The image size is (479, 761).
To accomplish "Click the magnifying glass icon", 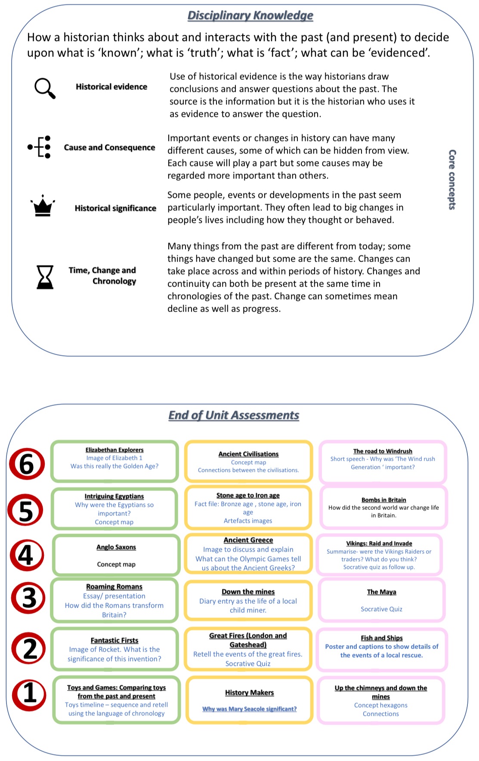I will click(45, 88).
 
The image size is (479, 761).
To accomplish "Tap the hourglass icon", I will click(45, 277).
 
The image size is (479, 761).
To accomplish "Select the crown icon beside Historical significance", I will click(43, 206).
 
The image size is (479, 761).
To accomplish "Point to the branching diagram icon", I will click(40, 147).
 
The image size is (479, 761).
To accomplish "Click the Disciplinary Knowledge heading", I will click(250, 16).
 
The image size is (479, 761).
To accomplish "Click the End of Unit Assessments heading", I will click(234, 415).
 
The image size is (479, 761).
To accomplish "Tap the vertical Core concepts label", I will click(452, 179).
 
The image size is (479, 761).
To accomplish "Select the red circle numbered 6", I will click(27, 464).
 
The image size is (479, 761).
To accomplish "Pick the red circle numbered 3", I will click(28, 598).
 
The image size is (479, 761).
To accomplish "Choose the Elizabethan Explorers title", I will click(114, 450).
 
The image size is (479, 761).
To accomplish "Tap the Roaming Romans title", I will click(114, 586).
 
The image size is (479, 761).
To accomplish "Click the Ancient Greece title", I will click(248, 540).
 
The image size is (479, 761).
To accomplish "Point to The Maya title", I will click(381, 592).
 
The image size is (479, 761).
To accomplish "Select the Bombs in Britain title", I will click(383, 500).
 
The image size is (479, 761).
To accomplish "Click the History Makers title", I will click(249, 692).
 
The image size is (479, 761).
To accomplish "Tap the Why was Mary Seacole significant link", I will click(249, 709).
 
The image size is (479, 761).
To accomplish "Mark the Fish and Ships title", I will click(382, 638).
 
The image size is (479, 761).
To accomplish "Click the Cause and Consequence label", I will click(109, 147).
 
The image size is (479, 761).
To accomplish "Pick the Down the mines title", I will click(248, 592).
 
